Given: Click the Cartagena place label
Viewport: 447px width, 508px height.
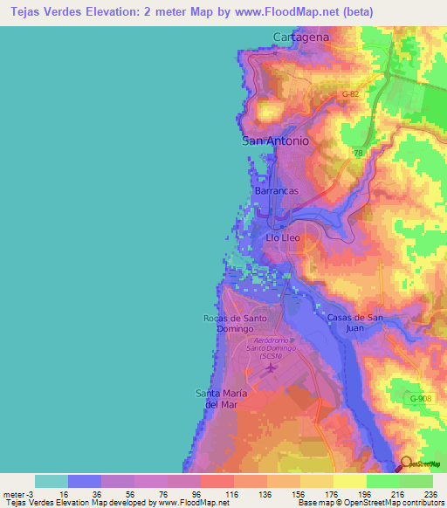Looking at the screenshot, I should pos(300,37).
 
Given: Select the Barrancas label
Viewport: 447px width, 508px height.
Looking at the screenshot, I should pos(276,190).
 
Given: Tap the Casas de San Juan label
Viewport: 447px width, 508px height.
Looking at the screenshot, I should pos(355,322).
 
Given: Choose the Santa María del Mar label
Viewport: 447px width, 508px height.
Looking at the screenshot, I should pos(221,399).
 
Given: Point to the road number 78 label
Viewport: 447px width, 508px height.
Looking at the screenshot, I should pos(357,153).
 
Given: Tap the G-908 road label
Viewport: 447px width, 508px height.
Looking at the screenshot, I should pos(423,398).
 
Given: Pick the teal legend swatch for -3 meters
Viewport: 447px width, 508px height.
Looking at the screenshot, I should pos(51,481).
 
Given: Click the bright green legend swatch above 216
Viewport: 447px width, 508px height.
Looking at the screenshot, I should pos(382,481).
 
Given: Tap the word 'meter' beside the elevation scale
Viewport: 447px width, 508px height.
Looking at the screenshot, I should pos(13,493).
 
